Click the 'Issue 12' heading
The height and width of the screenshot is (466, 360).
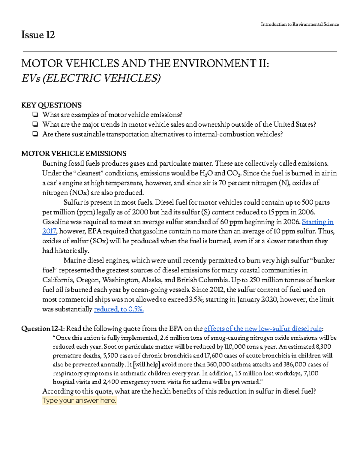[x=38, y=35]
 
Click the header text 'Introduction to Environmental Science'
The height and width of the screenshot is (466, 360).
[x=300, y=24]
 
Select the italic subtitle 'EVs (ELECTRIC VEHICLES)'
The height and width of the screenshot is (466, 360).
[x=91, y=78]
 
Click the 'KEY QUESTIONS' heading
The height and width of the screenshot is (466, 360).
[x=51, y=105]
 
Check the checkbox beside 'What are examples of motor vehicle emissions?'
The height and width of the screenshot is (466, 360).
[x=35, y=115]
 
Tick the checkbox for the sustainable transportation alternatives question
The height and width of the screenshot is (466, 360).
[x=35, y=134]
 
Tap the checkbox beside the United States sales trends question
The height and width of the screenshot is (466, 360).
[x=35, y=125]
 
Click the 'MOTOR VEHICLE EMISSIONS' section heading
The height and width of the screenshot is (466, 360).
[x=74, y=154]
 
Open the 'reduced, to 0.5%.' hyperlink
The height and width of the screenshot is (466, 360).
[x=119, y=309]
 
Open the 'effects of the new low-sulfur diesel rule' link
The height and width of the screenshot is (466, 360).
[x=263, y=329]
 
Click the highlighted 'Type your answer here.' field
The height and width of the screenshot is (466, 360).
[x=79, y=401]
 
